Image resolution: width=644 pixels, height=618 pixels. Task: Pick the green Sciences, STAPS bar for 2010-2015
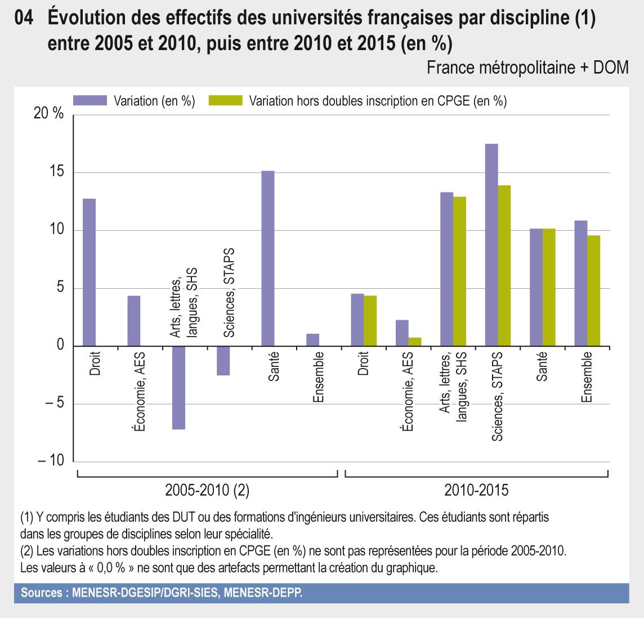coord(504,265)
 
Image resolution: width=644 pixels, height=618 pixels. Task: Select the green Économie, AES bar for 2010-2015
coord(414,342)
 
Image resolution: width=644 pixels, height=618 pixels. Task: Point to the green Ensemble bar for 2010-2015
coord(593,290)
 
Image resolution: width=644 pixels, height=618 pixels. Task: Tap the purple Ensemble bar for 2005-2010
coord(312,340)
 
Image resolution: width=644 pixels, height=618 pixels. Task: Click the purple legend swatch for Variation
coord(90,101)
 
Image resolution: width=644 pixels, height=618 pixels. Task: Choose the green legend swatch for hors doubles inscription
coord(225,101)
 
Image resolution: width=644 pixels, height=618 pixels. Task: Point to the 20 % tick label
coord(49,114)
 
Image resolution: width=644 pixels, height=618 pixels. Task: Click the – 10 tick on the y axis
coord(52,461)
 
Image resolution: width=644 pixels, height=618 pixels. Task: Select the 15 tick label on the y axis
coord(56,172)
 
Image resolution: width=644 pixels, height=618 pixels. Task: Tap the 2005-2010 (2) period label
coord(207,490)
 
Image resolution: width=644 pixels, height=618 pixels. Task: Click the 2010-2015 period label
coord(476,490)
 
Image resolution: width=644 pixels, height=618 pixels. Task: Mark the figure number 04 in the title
coord(25,19)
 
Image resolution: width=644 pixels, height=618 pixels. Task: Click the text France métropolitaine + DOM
coord(527,68)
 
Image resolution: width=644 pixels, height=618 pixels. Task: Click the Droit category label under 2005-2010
coord(95,365)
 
